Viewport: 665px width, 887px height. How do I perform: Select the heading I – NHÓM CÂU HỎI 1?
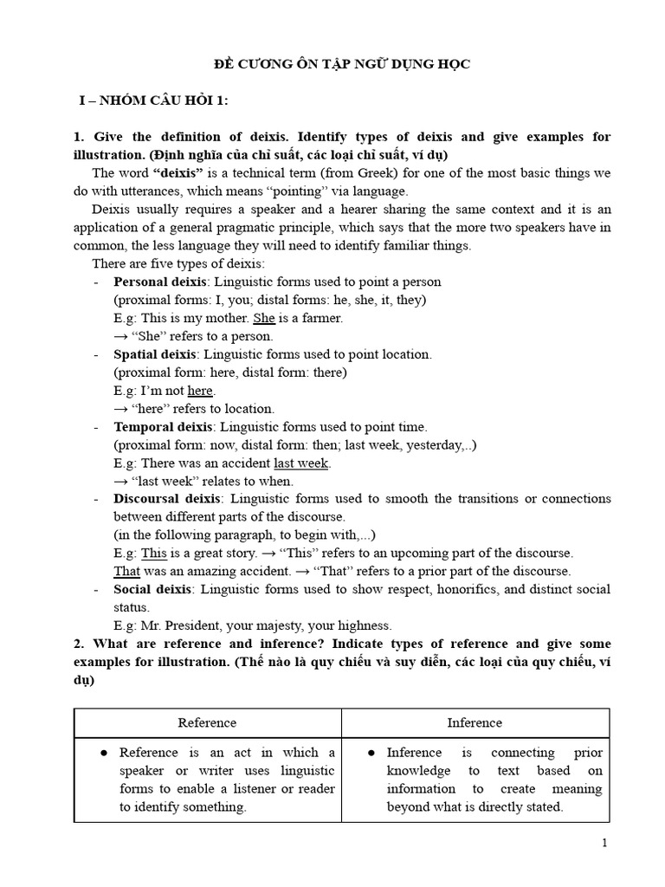[x=153, y=101]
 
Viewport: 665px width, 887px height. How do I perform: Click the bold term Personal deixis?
[x=161, y=282]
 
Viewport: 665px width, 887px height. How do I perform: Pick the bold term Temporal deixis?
[x=163, y=427]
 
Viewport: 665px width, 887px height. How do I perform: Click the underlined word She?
[x=263, y=318]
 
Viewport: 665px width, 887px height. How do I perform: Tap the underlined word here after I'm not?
[x=200, y=391]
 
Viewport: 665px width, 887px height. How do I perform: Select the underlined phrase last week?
[x=300, y=463]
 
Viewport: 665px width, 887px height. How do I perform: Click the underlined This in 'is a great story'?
[x=153, y=553]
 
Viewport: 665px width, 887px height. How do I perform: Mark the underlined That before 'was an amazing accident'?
[x=126, y=571]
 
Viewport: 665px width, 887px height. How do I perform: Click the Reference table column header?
[x=207, y=722]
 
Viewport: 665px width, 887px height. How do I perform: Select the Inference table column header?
[x=474, y=722]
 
